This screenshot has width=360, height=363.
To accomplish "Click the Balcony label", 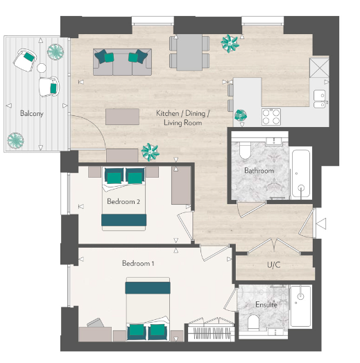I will click(x=32, y=113).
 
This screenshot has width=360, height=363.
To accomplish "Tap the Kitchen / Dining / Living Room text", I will click(x=182, y=117).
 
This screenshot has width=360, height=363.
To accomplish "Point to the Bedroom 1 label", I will click(x=139, y=263).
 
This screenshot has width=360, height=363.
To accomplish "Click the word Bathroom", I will click(x=259, y=171).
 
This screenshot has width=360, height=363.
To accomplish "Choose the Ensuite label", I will click(x=266, y=304).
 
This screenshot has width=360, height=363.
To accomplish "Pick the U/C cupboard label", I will click(x=273, y=264).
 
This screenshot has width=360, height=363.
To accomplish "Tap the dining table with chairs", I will click(x=189, y=52).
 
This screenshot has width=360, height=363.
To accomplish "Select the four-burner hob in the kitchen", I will click(x=271, y=116).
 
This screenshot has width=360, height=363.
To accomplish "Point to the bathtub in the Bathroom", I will click(x=300, y=171).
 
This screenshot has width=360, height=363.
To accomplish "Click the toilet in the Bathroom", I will click(x=244, y=151).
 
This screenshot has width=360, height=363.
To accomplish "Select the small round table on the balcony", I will click(x=42, y=69).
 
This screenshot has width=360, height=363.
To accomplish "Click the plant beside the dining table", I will click(x=228, y=43).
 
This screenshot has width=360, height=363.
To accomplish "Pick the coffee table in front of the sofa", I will click(x=122, y=116).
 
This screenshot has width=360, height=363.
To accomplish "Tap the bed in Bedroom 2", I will click(x=124, y=198).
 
